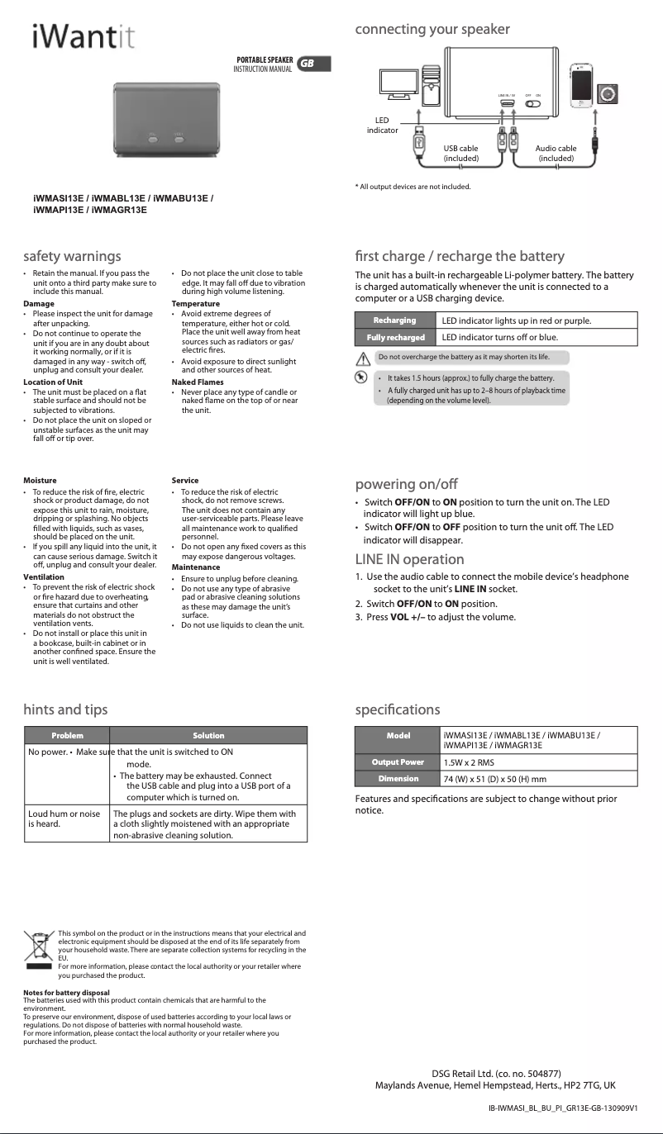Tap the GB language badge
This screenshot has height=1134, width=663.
pyautogui.click(x=307, y=64)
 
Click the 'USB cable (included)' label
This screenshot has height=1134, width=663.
pyautogui.click(x=460, y=153)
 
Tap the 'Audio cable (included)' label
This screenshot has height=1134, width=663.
pyautogui.click(x=556, y=153)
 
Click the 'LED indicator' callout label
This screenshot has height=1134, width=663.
pyautogui.click(x=382, y=126)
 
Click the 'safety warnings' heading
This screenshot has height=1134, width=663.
pyautogui.click(x=73, y=256)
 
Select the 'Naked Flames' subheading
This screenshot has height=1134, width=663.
pyautogui.click(x=197, y=382)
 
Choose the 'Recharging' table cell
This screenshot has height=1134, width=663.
pyautogui.click(x=394, y=320)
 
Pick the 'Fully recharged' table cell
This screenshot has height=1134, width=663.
pyautogui.click(x=394, y=337)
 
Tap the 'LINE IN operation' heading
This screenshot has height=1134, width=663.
pyautogui.click(x=409, y=560)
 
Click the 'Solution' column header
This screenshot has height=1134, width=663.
pyautogui.click(x=208, y=735)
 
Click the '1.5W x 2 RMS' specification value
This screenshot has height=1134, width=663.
pyautogui.click(x=469, y=762)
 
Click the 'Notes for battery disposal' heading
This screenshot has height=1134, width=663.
pyautogui.click(x=66, y=992)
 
